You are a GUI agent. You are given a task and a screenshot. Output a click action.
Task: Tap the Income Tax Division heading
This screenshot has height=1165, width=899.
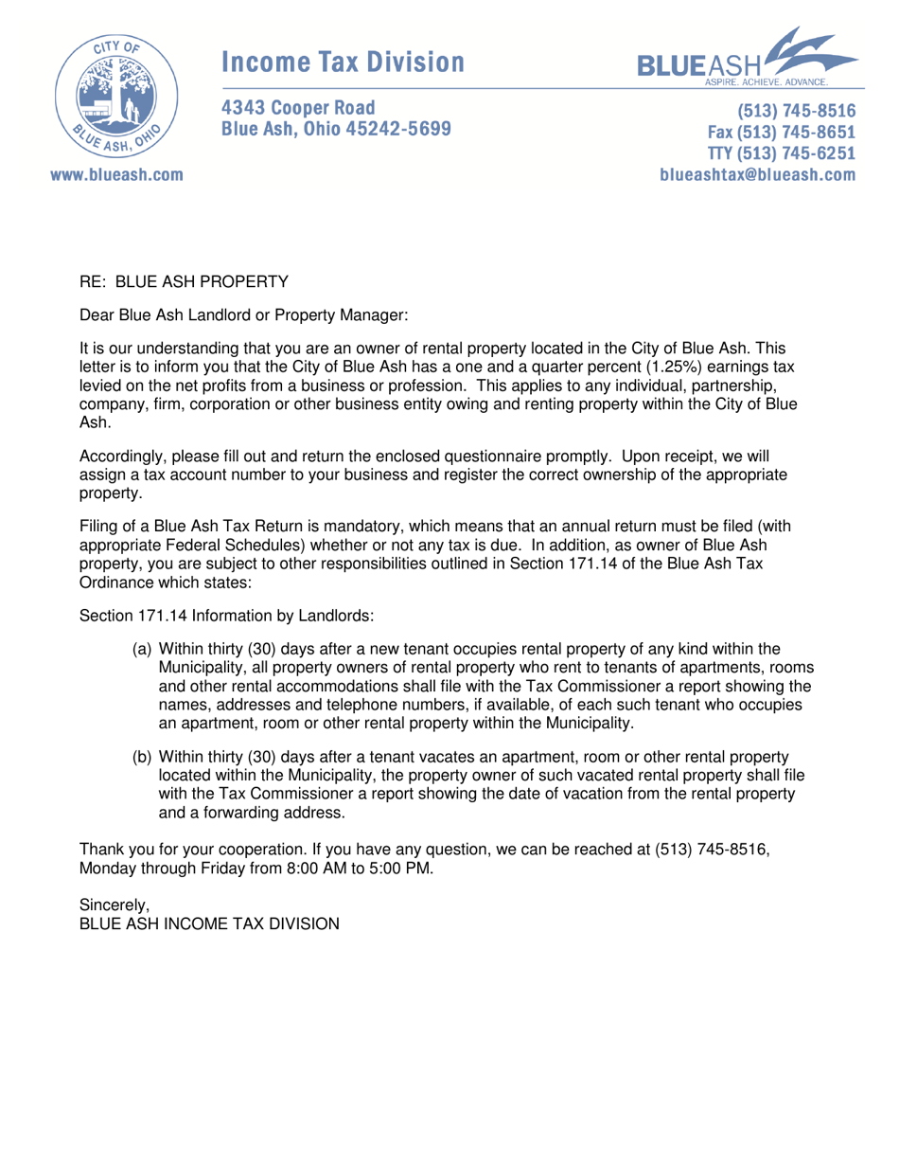point(343,62)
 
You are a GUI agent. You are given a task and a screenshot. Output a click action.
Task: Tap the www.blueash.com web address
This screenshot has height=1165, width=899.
point(112,175)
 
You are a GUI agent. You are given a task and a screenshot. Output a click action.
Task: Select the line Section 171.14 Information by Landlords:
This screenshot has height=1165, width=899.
point(228,615)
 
